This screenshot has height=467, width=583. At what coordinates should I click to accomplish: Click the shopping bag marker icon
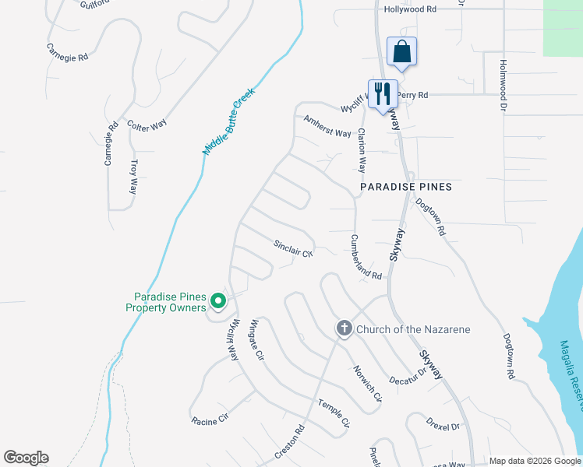(x=401, y=51)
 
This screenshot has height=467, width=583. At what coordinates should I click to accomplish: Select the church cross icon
(x=344, y=329)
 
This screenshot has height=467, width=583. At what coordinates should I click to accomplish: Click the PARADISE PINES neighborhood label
(x=406, y=188)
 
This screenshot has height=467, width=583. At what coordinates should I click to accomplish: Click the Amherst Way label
(x=327, y=127)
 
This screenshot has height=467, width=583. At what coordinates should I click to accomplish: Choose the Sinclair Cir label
(x=292, y=248)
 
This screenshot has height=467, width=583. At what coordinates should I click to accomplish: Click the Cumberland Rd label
(x=366, y=258)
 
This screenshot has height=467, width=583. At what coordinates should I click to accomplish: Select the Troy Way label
(x=133, y=177)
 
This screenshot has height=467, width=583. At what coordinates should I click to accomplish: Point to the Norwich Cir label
(x=367, y=384)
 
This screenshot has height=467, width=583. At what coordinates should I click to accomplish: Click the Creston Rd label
(x=288, y=441)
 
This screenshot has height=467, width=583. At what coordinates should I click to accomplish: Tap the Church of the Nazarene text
(x=413, y=329)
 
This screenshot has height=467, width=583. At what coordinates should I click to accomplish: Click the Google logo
(x=26, y=458)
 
